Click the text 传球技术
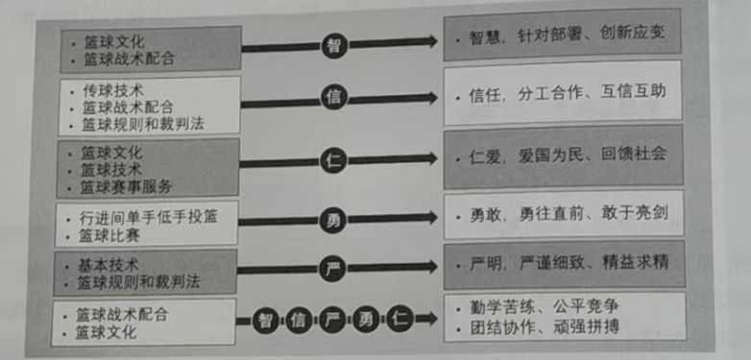coord(112,89)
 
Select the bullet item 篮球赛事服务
coord(126,187)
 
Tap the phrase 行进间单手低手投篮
coord(148,217)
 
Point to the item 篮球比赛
coord(109,235)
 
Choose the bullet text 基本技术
coord(108,265)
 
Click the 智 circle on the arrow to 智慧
coord(334,45)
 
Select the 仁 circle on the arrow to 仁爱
coord(333,160)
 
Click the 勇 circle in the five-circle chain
coord(367,320)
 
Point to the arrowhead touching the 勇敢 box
coord(430,217)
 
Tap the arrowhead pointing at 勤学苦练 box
coord(430,318)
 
